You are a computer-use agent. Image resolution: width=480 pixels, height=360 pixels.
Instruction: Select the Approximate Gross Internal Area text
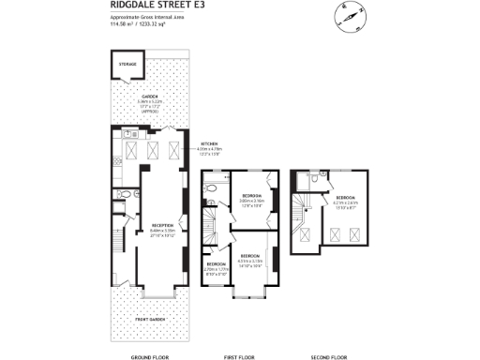coord(140,17)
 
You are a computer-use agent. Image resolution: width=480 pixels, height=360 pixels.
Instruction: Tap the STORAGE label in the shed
coord(127,65)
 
